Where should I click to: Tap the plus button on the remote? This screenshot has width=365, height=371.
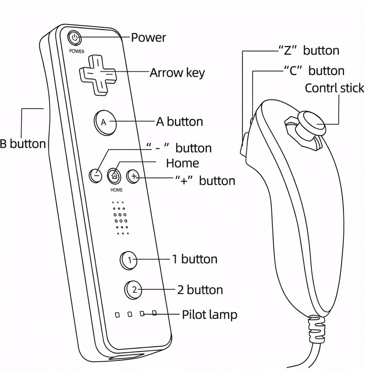133,176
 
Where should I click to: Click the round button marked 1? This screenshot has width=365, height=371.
129,260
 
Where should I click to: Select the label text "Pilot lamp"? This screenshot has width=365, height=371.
209,314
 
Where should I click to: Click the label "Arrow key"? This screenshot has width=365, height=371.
177,73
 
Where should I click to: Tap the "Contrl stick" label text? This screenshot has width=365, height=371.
334,88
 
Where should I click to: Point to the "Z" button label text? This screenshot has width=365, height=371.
309,50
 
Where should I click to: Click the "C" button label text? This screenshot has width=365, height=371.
313,70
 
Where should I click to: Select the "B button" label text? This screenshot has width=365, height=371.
22,144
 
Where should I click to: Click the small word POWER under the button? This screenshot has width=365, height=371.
77,51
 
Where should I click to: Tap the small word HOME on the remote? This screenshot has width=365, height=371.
117,190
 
